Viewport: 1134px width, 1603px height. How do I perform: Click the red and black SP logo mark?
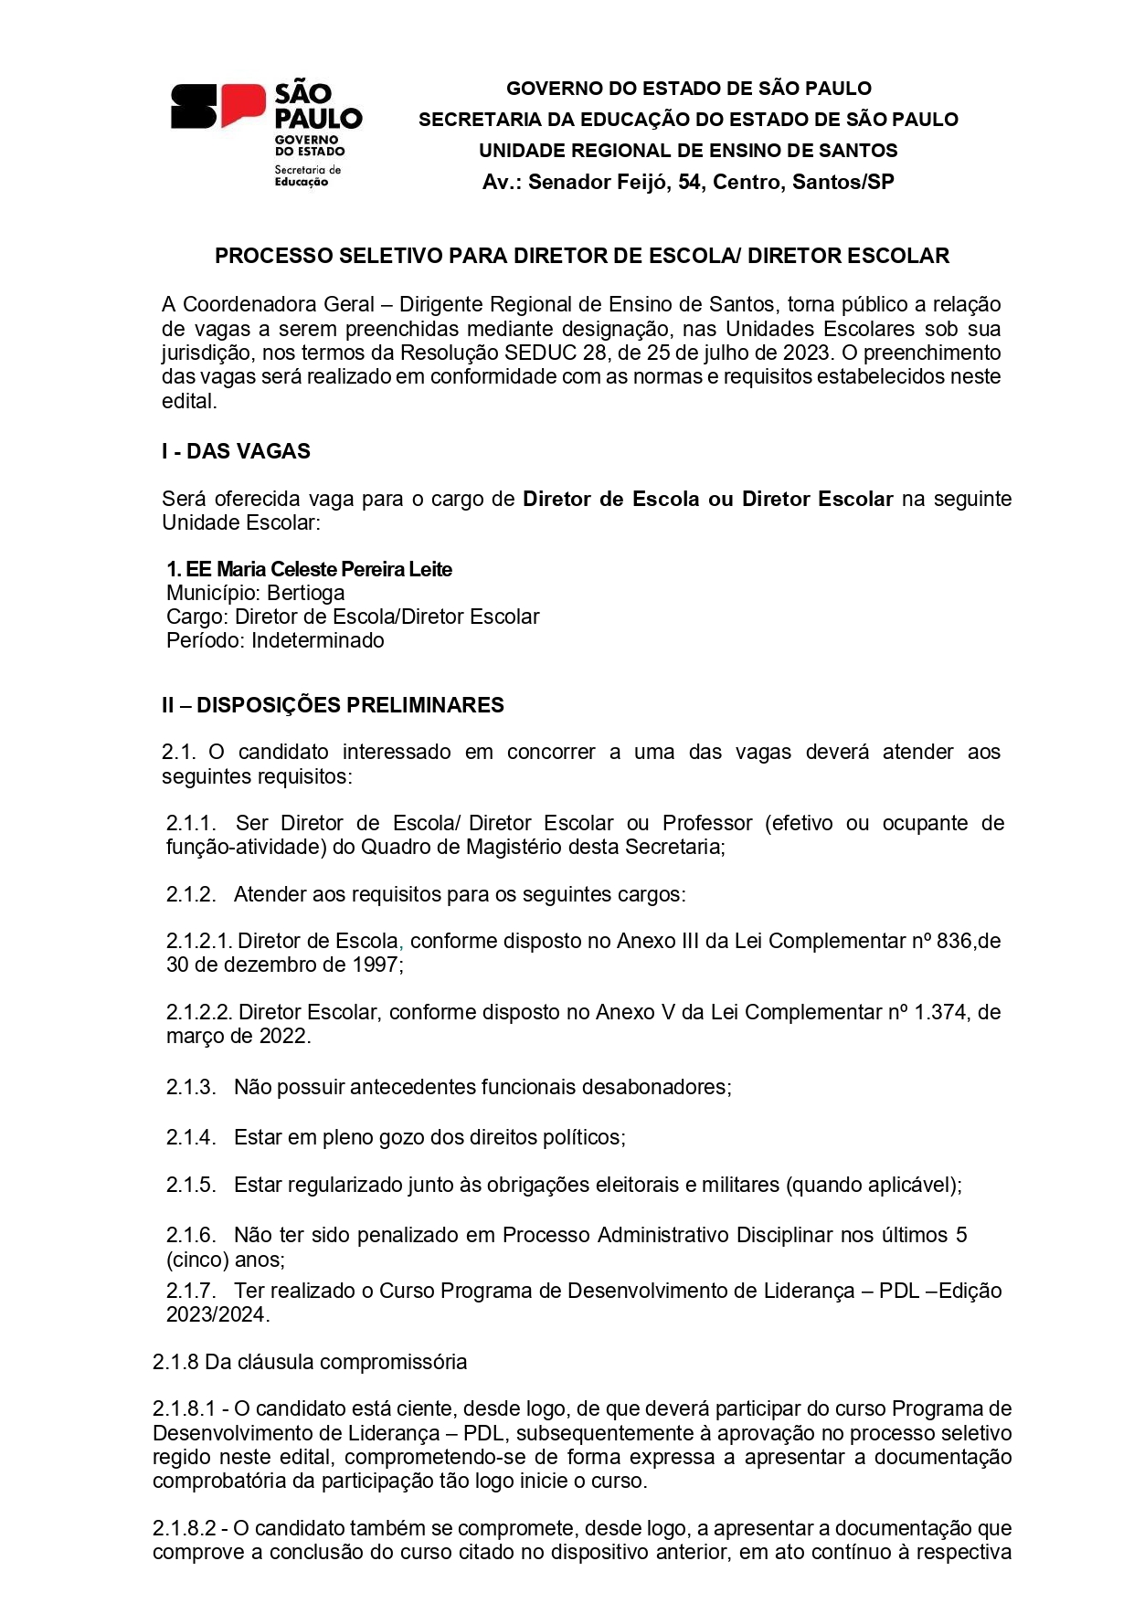click(x=217, y=106)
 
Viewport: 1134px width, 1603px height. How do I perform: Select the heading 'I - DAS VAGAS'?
click(x=236, y=451)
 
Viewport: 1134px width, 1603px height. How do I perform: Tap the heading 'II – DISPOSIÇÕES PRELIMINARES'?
click(x=333, y=705)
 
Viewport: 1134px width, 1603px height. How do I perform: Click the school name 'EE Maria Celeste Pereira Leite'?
click(x=319, y=569)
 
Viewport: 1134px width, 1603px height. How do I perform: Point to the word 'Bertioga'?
click(x=306, y=593)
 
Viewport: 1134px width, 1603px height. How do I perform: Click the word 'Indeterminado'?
click(x=318, y=640)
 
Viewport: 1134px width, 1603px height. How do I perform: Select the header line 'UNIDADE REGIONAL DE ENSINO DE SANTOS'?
click(x=688, y=151)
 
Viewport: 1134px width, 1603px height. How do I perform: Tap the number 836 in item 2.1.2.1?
click(x=953, y=941)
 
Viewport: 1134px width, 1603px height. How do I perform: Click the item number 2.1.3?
click(x=191, y=1087)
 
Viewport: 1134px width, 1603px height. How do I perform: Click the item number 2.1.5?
click(x=191, y=1185)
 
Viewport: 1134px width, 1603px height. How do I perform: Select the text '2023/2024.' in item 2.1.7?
click(x=217, y=1314)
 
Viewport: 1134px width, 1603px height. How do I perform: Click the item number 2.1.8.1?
click(x=184, y=1408)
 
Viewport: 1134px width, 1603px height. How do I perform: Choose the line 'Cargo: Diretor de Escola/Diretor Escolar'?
click(x=353, y=617)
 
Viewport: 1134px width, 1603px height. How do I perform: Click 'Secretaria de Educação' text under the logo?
click(x=307, y=175)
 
